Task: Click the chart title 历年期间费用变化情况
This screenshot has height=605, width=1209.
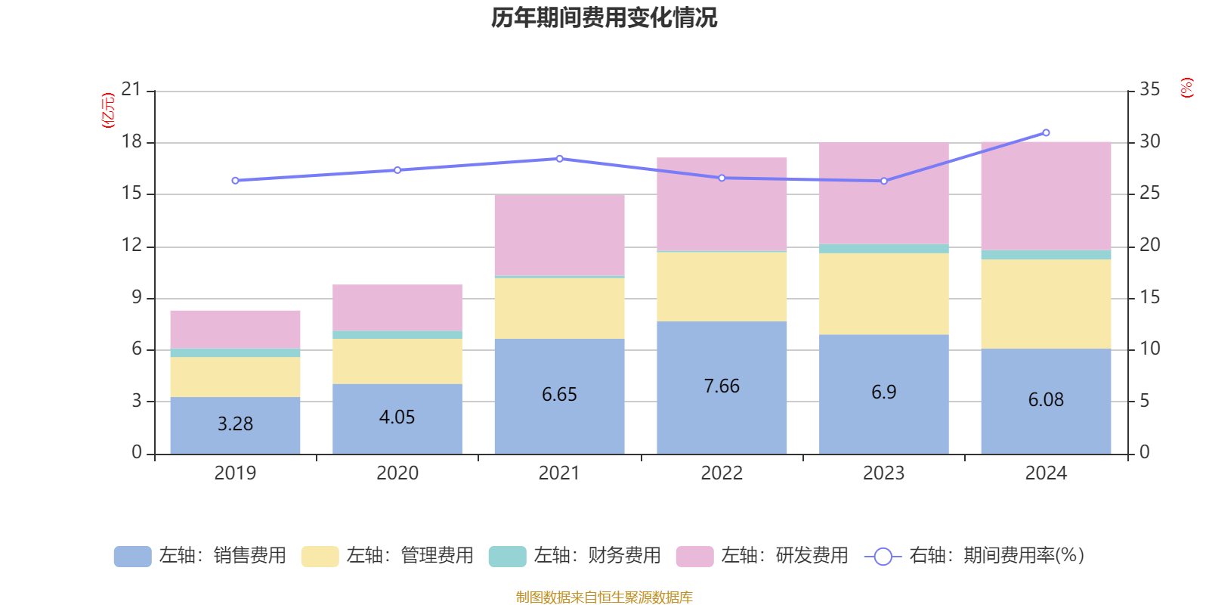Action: (x=604, y=17)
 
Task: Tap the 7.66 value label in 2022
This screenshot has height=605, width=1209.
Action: (x=722, y=386)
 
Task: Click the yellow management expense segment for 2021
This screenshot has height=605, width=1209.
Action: (x=559, y=308)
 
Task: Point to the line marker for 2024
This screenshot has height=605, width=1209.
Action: (x=1046, y=133)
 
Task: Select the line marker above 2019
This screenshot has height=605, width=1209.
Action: (x=235, y=181)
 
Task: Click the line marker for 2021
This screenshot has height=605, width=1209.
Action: (x=559, y=159)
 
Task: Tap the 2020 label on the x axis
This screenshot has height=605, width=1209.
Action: (x=397, y=473)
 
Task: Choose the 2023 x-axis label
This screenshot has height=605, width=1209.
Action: (x=883, y=473)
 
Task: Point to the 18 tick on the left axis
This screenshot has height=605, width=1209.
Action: (x=131, y=141)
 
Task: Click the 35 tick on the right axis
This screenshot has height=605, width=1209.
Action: (x=1149, y=90)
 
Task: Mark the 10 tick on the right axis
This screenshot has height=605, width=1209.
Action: (x=1149, y=349)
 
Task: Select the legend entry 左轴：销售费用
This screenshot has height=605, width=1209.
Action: (x=201, y=556)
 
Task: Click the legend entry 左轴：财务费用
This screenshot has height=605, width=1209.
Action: (x=575, y=556)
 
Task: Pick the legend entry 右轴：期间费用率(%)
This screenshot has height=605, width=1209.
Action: (x=975, y=556)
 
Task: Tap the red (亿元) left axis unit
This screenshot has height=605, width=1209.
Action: (x=108, y=110)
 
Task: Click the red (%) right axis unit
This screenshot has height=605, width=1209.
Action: (x=1186, y=88)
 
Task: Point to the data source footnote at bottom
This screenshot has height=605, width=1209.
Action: (x=604, y=597)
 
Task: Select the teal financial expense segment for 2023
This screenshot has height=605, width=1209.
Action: (x=883, y=249)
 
